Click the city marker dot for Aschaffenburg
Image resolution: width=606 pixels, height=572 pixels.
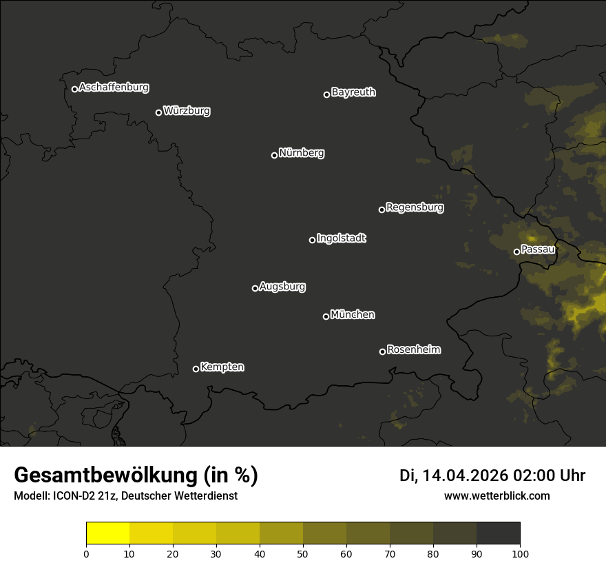[x=74, y=89]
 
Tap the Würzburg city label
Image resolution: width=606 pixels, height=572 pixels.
[x=187, y=111]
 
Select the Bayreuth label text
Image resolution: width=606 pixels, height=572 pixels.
[x=353, y=92]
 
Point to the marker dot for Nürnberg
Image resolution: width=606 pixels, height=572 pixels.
[x=274, y=155]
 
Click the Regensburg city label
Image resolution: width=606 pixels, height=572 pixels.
[x=415, y=207]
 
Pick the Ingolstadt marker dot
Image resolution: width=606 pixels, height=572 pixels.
[x=312, y=240]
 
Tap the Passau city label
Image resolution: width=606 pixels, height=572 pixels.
[x=538, y=249]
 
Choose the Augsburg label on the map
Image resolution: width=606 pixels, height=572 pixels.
[x=282, y=287]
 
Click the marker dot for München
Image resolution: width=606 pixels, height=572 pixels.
[x=326, y=316]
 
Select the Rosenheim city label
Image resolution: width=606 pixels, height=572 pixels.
[x=413, y=350]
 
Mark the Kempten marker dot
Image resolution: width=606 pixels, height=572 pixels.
[x=196, y=369]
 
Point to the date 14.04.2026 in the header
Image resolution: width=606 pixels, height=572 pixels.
[x=465, y=476]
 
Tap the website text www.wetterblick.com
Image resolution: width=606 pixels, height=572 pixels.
[x=497, y=496]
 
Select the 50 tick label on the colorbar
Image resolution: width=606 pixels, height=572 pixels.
[x=303, y=553]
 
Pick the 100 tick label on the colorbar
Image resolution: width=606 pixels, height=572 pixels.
[x=520, y=553]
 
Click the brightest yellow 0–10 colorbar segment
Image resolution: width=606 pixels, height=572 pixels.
[x=108, y=533]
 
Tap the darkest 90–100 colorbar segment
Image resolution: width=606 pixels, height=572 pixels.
[x=498, y=533]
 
